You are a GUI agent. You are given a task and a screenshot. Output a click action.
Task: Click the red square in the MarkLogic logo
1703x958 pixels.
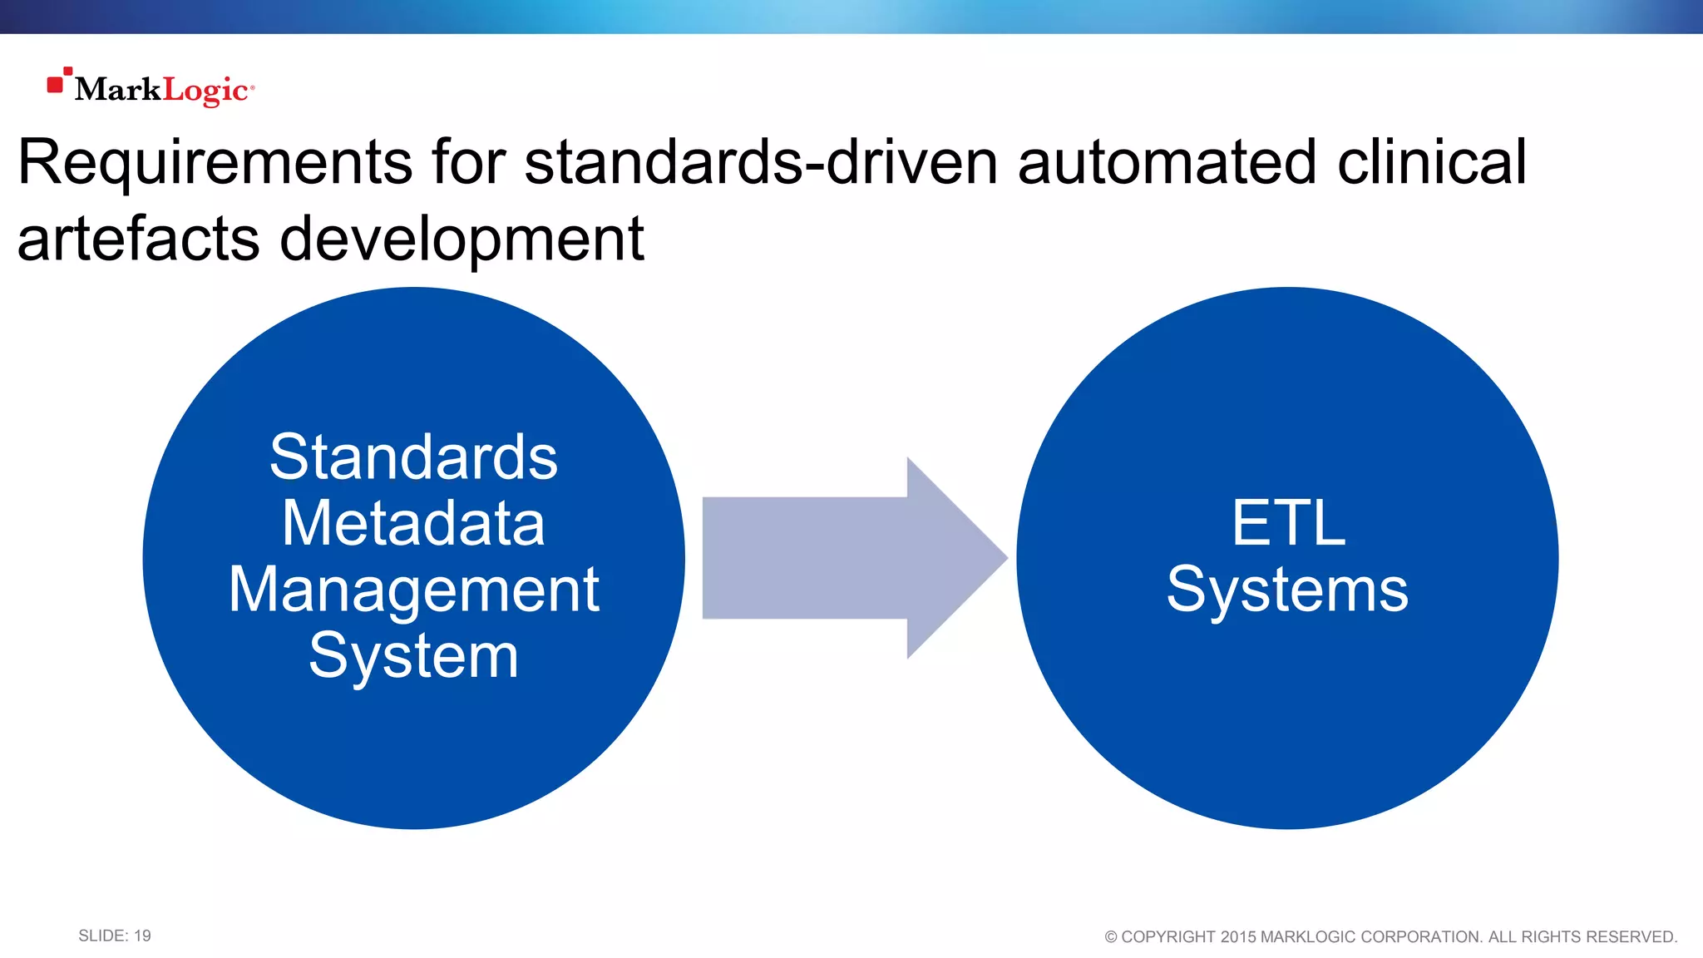tap(56, 85)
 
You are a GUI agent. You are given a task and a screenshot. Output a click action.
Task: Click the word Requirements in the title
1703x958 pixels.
tap(215, 163)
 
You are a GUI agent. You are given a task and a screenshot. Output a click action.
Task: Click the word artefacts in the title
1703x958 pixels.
tap(138, 239)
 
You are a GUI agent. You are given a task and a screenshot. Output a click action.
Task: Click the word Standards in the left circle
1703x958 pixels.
tap(413, 457)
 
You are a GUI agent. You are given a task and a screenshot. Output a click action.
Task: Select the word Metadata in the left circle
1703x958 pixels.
tap(413, 523)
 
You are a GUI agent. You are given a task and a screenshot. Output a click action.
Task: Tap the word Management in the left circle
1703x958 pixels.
tap(413, 590)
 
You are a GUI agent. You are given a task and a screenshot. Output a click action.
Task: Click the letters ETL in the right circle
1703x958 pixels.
tap(1288, 523)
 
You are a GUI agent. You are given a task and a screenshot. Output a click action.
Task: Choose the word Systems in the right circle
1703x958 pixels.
tap(1287, 590)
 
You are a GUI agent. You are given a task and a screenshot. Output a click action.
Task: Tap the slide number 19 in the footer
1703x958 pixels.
tap(142, 936)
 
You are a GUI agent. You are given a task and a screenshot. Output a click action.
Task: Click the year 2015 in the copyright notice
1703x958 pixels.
tap(1237, 937)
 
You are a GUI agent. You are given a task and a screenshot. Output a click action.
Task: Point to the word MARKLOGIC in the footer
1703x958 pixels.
tap(1308, 937)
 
